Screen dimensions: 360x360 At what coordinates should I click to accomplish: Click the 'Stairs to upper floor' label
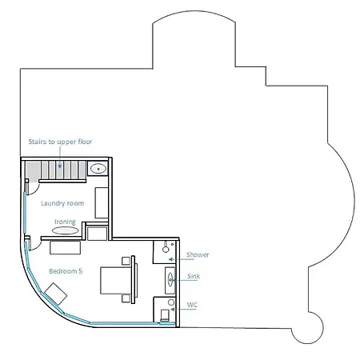pyautogui.click(x=60, y=142)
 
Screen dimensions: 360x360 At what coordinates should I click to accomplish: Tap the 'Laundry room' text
pyautogui.click(x=62, y=203)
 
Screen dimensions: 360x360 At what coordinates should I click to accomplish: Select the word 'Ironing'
pyautogui.click(x=65, y=222)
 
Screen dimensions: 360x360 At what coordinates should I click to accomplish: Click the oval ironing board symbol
pyautogui.click(x=65, y=230)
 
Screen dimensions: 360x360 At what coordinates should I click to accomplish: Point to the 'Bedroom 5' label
pyautogui.click(x=66, y=271)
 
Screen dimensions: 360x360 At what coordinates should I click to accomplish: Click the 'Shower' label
pyautogui.click(x=198, y=254)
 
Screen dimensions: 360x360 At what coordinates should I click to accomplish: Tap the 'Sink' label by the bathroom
pyautogui.click(x=194, y=276)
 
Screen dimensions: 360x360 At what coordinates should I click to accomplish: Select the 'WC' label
pyautogui.click(x=192, y=305)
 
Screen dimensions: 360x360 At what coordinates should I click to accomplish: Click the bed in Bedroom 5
pyautogui.click(x=116, y=280)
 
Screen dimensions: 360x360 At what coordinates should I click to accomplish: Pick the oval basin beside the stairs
pyautogui.click(x=98, y=169)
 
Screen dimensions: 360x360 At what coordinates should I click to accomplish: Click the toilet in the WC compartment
pyautogui.click(x=165, y=315)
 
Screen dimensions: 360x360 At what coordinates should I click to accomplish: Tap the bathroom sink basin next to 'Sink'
pyautogui.click(x=170, y=280)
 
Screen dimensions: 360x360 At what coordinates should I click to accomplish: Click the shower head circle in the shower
pyautogui.click(x=166, y=250)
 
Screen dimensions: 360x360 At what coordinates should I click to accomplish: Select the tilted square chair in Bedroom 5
pyautogui.click(x=55, y=294)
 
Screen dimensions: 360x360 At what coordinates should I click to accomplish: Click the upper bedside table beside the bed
pyautogui.click(x=126, y=261)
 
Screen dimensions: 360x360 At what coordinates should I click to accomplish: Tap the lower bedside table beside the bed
pyautogui.click(x=126, y=298)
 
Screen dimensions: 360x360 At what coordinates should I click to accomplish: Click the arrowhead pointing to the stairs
pyautogui.click(x=60, y=166)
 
